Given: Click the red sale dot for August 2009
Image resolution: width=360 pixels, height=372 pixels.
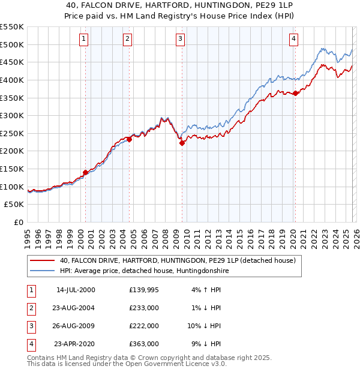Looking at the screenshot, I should (x=182, y=143).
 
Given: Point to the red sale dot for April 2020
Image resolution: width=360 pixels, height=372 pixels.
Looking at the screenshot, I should (x=295, y=93).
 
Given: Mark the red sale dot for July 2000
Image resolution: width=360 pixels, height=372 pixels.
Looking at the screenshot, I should (x=85, y=172).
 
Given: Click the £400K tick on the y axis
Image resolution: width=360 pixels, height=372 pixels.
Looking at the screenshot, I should (x=12, y=80).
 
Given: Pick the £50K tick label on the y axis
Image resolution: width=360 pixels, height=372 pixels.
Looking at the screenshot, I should (x=14, y=205).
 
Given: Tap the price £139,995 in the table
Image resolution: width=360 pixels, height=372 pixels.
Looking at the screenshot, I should (x=143, y=290).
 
